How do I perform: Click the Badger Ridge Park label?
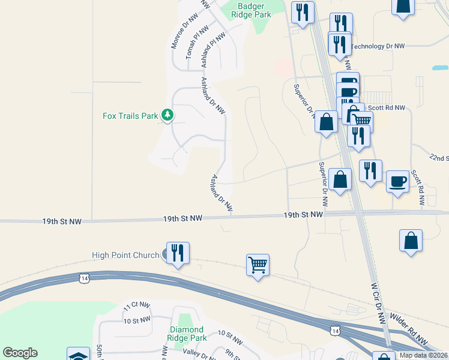pos(255,10)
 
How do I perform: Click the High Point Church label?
pos(125,255)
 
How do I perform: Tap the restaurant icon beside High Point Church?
pos(178,252)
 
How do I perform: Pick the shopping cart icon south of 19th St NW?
pos(258,264)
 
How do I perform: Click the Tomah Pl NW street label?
pos(197,41)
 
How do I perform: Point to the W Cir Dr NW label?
pos(377,304)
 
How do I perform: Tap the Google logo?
pos(20,353)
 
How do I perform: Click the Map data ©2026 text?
pos(423,355)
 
